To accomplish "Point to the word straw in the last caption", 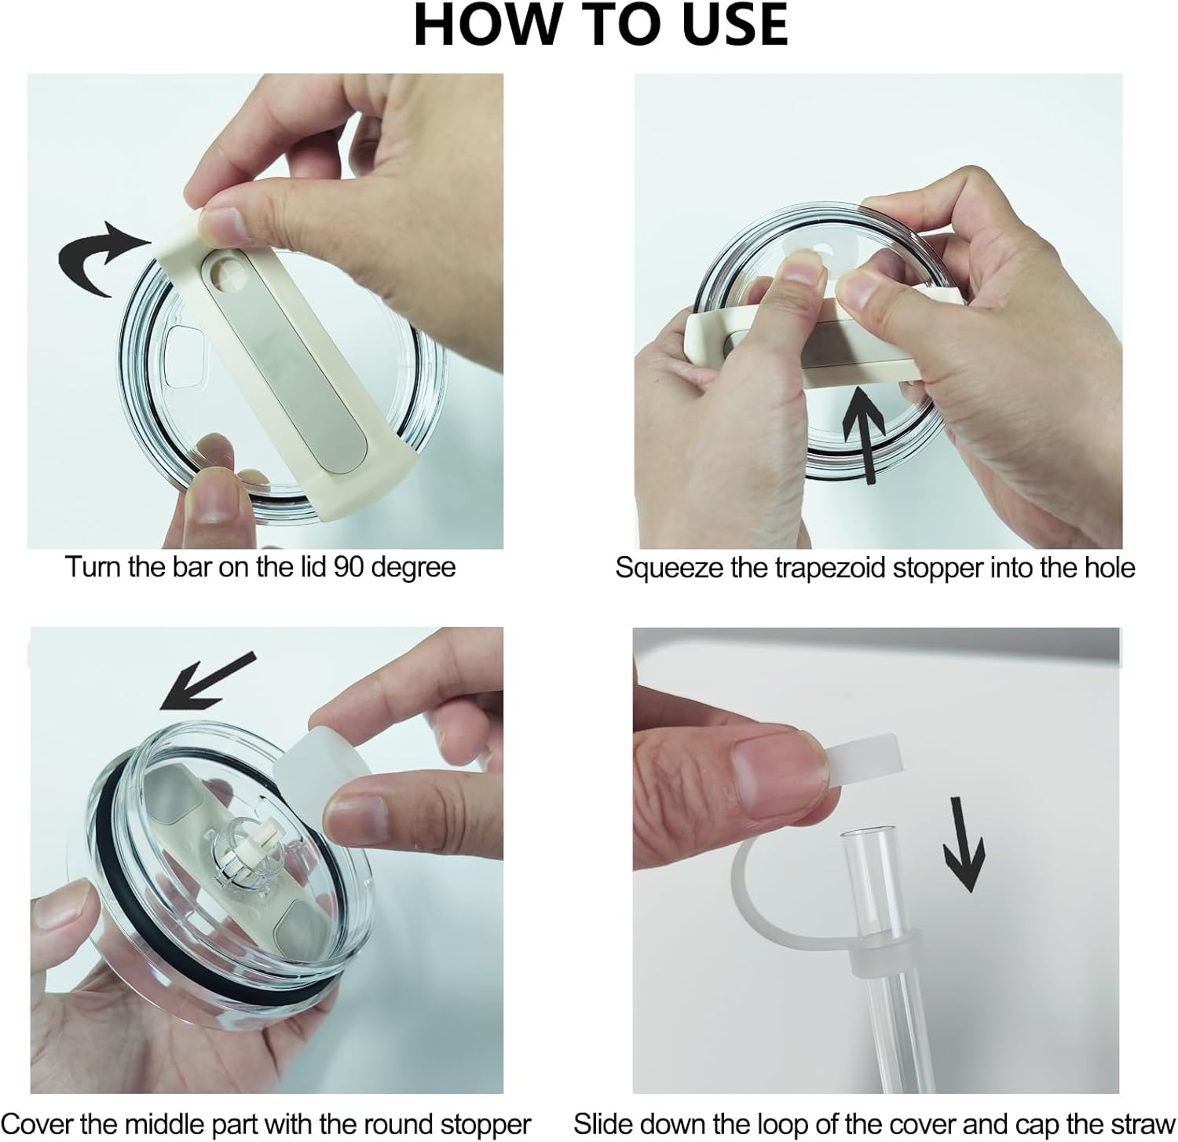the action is (x=1142, y=1124).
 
